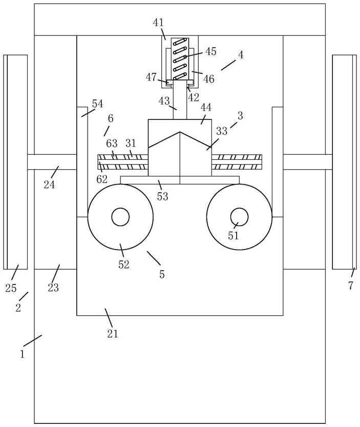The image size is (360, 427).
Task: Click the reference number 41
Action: click(x=158, y=23)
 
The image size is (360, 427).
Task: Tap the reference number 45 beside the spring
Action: click(x=210, y=51)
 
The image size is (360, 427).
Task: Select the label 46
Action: click(x=209, y=79)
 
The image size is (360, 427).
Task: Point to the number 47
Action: click(x=151, y=77)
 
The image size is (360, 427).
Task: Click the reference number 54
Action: click(x=97, y=104)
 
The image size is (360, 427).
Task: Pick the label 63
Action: click(x=112, y=143)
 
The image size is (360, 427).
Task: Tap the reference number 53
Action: click(x=162, y=196)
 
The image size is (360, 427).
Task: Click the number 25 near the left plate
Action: click(x=11, y=288)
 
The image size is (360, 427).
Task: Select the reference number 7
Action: click(x=351, y=286)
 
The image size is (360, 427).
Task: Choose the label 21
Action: click(x=112, y=333)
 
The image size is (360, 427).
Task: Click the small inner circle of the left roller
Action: click(x=120, y=217)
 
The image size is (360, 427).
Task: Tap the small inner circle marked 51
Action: click(x=239, y=217)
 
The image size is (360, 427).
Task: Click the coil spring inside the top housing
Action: click(x=180, y=59)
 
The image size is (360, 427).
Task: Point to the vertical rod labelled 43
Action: click(x=180, y=99)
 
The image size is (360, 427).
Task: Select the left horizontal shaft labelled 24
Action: click(x=52, y=162)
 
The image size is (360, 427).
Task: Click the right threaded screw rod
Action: click(x=237, y=162)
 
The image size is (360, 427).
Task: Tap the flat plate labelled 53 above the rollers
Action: click(x=180, y=180)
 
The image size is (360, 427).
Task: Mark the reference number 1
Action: click(x=23, y=354)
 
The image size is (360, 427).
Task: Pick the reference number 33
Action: click(x=222, y=131)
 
